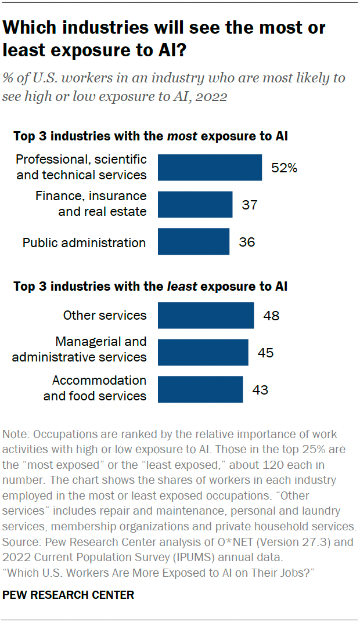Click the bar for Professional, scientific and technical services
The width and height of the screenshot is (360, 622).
[x=210, y=167]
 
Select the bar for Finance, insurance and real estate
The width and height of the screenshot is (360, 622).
[x=195, y=204]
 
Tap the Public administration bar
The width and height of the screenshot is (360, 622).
[x=193, y=241]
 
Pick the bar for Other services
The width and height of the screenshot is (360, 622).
[x=206, y=316]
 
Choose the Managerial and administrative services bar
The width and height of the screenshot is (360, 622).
[x=203, y=352]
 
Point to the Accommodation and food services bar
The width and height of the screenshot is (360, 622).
[x=200, y=389]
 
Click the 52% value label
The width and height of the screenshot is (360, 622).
[x=284, y=168]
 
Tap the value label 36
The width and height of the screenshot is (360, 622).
[x=247, y=242]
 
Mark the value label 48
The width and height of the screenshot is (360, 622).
[x=271, y=316]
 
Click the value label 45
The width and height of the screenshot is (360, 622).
[x=265, y=353]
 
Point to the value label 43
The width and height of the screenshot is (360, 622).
[x=260, y=389]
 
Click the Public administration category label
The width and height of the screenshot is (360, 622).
[x=84, y=243]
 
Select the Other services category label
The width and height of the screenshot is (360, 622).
[x=105, y=316]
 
